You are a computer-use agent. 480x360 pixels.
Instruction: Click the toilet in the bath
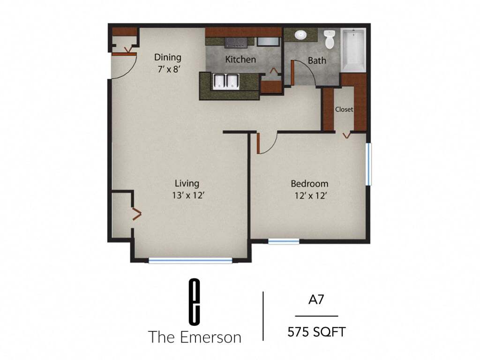330,39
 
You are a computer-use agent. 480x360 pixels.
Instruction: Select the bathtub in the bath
354,50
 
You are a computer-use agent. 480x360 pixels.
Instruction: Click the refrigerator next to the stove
268,41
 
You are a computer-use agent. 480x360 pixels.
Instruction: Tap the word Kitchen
240,60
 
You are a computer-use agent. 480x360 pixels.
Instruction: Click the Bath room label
317,60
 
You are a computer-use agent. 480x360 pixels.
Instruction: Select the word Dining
168,57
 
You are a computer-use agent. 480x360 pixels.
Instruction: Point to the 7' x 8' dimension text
168,67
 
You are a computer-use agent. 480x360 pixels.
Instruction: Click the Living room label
187,183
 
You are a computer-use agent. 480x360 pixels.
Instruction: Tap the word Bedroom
309,183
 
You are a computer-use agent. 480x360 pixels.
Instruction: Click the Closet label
344,109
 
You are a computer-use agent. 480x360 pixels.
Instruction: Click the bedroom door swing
265,145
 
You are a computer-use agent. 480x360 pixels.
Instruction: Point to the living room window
190,261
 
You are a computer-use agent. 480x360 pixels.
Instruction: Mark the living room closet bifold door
136,214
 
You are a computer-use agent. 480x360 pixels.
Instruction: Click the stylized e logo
195,301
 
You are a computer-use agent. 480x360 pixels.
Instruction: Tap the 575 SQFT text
316,332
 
